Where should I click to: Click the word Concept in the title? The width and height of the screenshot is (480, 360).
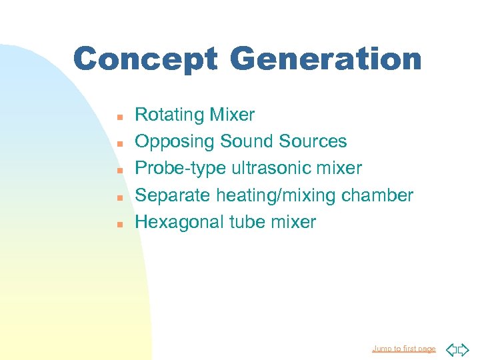pos(145,59)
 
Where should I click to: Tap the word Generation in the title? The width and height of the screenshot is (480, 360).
pos(325,59)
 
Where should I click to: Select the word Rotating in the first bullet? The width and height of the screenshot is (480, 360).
pos(169,115)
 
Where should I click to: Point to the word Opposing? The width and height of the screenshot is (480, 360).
pos(175,142)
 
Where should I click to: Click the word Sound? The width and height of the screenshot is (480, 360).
pos(247,141)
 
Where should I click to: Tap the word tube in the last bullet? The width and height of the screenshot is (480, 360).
pos(248,222)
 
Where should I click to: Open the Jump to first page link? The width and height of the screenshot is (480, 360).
pos(403,349)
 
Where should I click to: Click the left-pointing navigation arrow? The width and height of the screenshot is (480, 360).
pos(450,349)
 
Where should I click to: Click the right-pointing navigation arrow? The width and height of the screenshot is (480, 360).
pos(464,349)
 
